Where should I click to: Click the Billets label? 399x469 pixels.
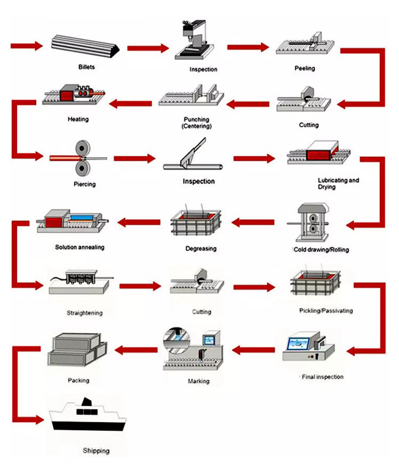point(86,67)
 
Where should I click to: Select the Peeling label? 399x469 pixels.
point(305,68)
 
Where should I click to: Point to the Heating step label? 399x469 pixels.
point(78,119)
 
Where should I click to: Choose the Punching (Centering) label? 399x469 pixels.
point(196,123)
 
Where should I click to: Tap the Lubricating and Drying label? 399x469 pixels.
point(338,184)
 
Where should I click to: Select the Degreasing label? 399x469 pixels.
point(201,249)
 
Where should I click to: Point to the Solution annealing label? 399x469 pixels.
point(80,247)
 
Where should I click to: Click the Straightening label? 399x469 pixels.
point(85,312)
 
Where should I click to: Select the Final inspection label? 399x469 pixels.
point(322,377)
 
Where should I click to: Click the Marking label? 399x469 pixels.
point(198,381)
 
